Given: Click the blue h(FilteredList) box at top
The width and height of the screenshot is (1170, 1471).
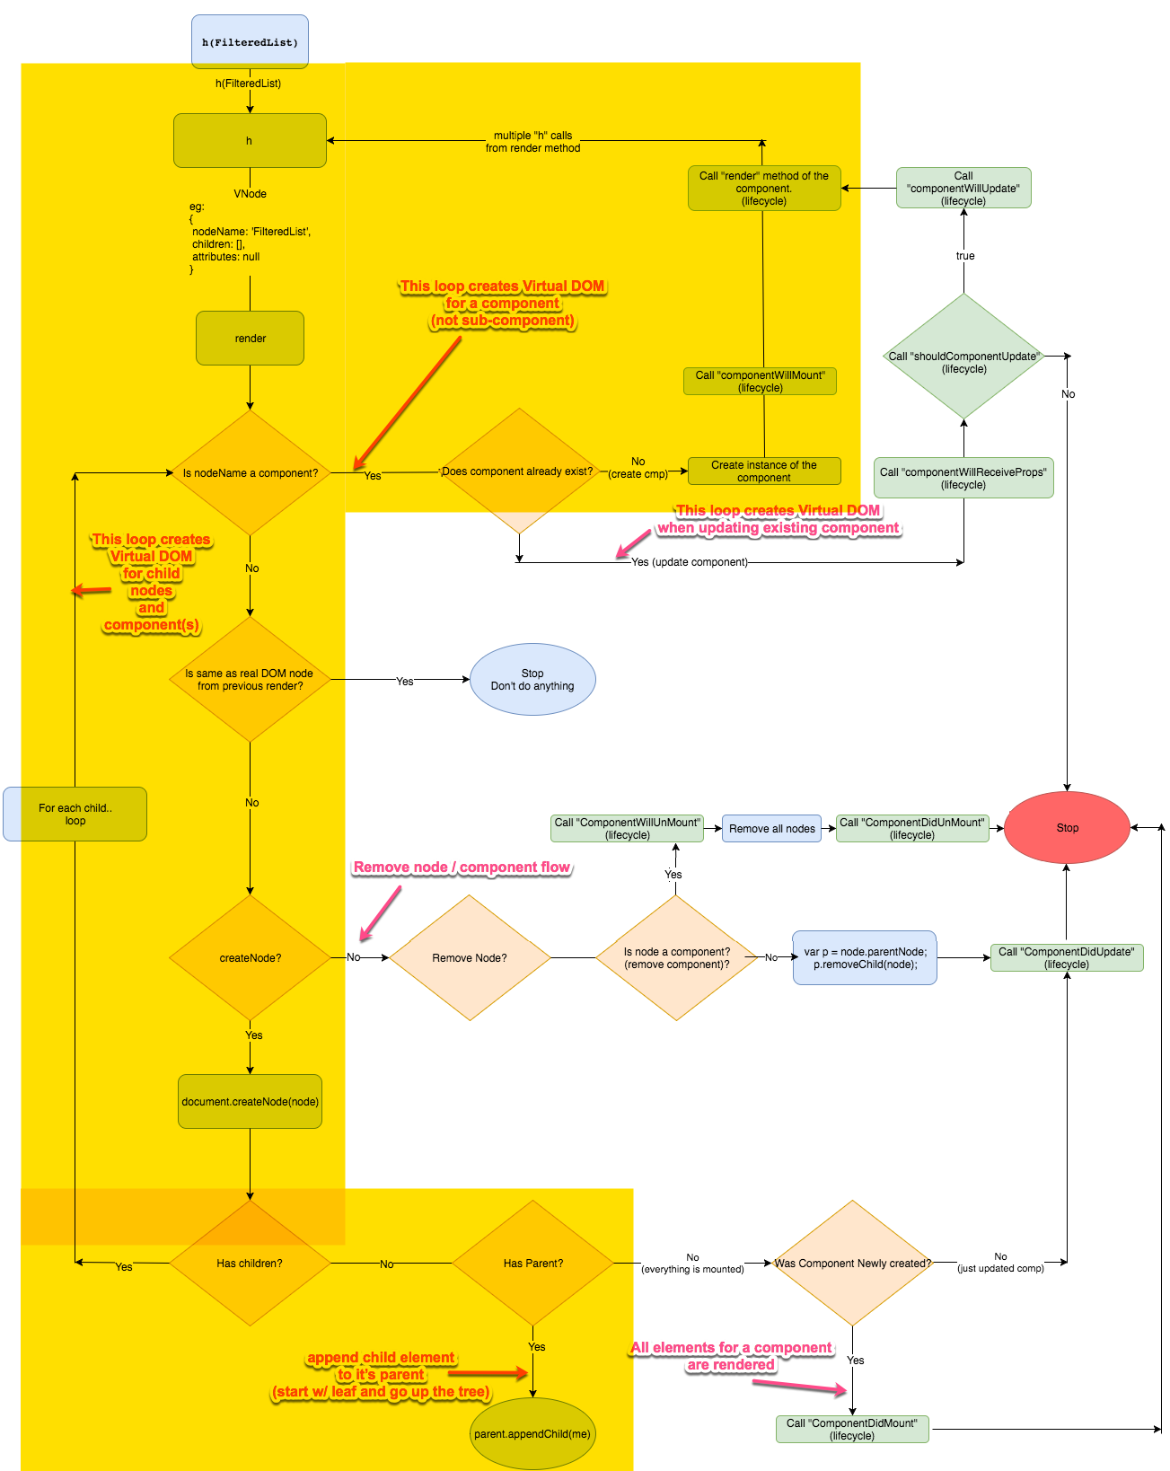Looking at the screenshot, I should [250, 42].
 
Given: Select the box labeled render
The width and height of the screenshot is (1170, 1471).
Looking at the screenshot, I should [250, 339].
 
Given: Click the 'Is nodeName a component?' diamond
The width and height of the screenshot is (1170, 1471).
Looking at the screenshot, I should [250, 473].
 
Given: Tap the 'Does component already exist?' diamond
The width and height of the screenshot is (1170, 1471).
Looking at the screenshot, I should [518, 471].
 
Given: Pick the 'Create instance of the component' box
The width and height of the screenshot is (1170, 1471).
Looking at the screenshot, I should [764, 471].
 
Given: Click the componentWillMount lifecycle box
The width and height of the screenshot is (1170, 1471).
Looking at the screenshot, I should [761, 382].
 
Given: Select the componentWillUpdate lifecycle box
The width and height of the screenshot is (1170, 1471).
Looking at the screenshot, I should [963, 189].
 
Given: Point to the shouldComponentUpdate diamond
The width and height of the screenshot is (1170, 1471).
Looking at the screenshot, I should [963, 357].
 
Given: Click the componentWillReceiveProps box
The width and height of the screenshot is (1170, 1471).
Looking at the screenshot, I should [963, 478].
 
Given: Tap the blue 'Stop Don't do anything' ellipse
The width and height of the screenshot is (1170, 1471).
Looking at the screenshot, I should [532, 680].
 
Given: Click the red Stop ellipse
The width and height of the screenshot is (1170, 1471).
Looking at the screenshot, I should [1067, 828].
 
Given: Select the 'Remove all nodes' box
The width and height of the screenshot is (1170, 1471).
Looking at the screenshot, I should [772, 829].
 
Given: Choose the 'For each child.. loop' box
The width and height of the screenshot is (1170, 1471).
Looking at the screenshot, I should [75, 815].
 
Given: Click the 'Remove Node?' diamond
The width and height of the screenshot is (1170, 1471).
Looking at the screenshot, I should [470, 958].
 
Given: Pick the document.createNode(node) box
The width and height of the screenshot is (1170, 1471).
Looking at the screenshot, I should [250, 1102].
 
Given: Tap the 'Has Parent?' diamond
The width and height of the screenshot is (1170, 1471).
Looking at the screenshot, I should [533, 1264].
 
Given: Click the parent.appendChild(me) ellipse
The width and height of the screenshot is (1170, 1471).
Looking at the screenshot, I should [532, 1434].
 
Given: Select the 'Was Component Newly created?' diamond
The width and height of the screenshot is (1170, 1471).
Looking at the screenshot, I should [852, 1264].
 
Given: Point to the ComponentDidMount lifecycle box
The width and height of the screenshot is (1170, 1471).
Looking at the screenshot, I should [852, 1430].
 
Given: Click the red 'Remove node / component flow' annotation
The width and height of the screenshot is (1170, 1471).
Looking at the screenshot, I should [462, 868].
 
